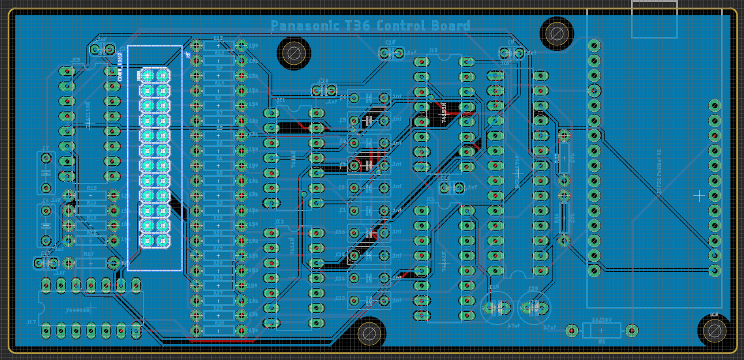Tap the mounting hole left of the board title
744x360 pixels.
293,54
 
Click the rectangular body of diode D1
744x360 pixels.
601,330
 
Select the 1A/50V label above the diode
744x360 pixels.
602,319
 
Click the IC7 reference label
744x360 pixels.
31,323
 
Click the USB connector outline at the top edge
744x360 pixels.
654,19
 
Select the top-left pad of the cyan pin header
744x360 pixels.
147,76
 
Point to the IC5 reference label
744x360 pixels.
76,61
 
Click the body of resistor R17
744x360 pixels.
91,262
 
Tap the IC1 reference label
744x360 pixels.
281,101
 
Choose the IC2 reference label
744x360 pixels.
279,222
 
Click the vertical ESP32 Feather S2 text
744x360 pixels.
659,171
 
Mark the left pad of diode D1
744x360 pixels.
571,330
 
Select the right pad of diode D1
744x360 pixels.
632,330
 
